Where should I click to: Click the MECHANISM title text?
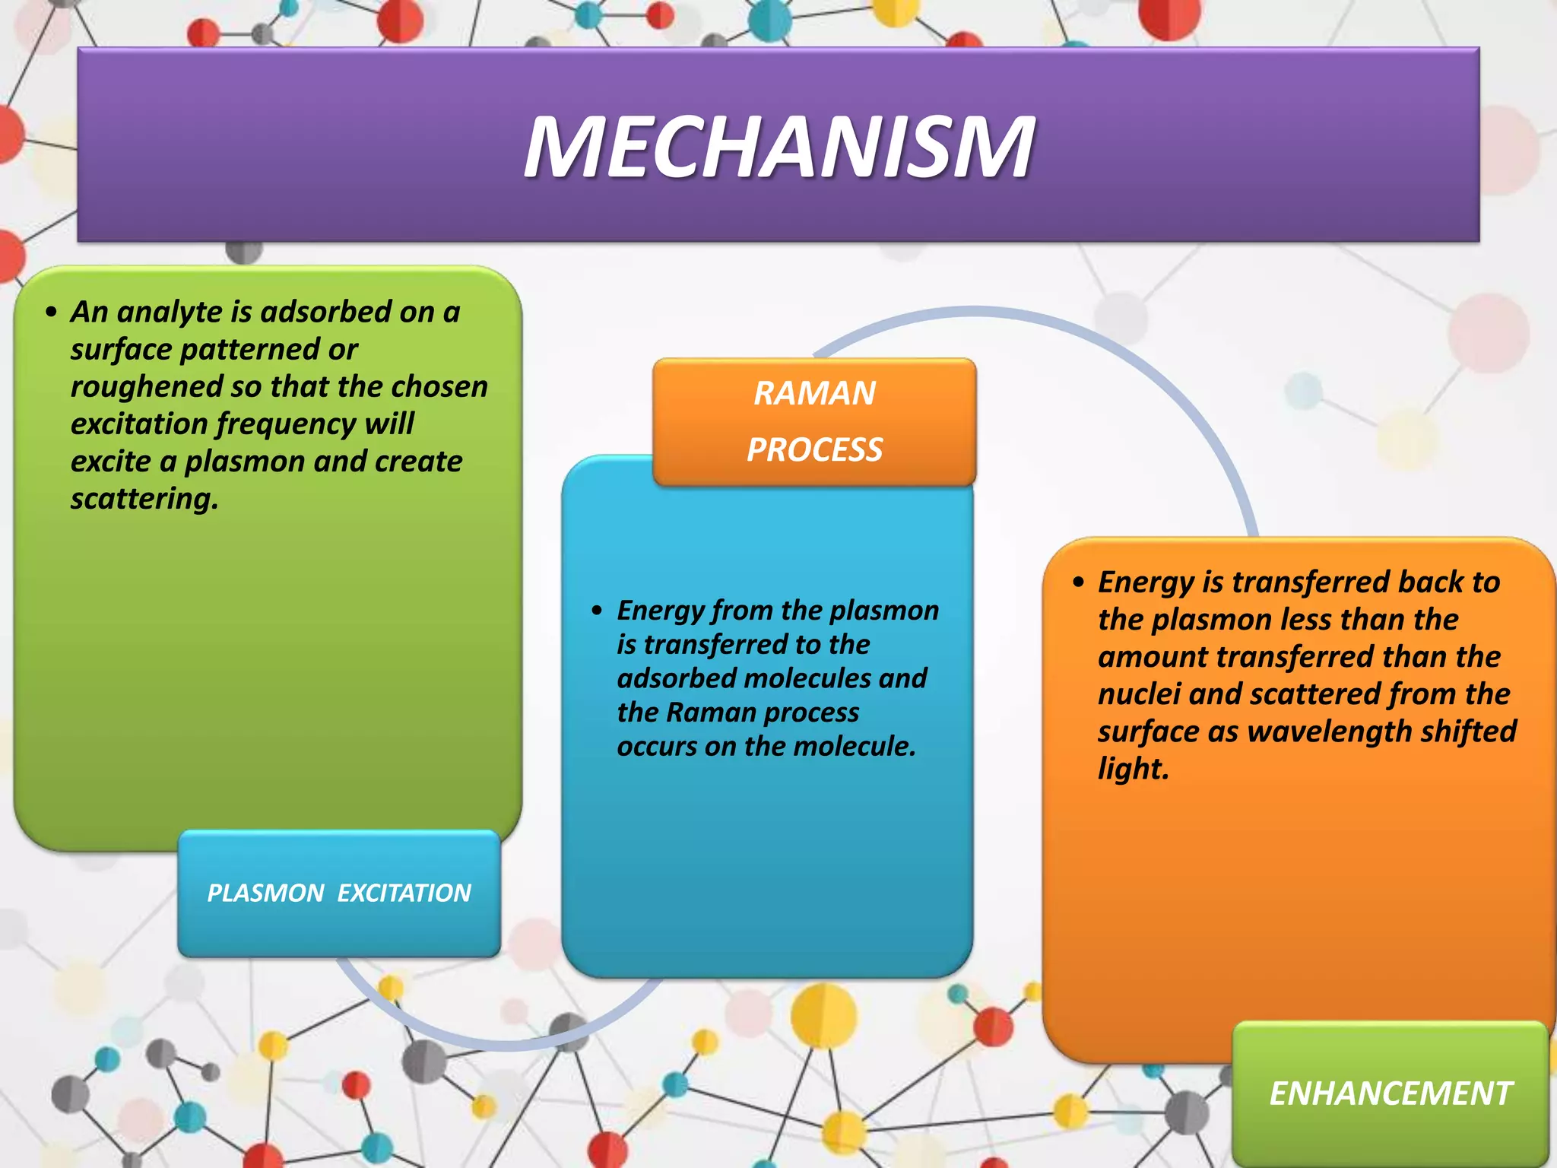point(778,147)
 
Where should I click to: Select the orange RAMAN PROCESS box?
point(814,422)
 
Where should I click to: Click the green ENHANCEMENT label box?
point(1390,1093)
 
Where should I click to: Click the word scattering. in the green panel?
point(144,499)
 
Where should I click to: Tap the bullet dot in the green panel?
point(51,312)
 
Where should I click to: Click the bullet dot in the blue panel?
point(597,611)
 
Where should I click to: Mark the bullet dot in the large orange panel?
point(1078,583)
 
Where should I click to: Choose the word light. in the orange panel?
point(1133,769)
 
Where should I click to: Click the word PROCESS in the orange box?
point(814,449)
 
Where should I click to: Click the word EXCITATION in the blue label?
point(404,893)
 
